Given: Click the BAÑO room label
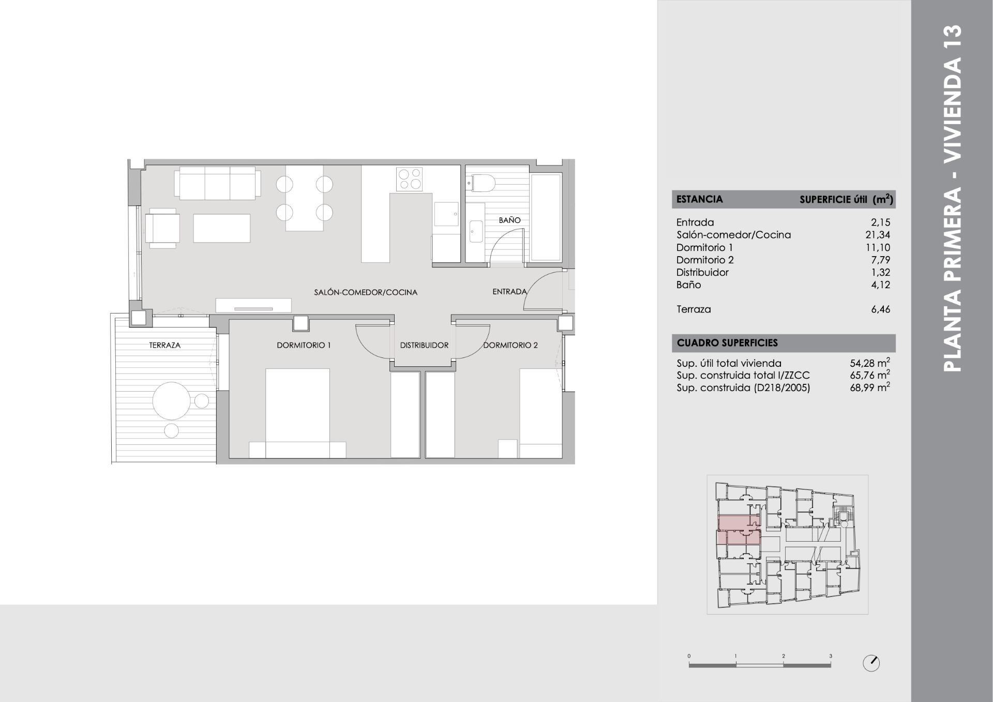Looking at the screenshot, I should pos(509,220).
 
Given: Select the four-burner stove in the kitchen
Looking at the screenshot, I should pos(410,179).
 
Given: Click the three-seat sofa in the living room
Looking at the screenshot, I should pos(217,183).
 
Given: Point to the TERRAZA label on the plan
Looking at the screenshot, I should pos(164,345).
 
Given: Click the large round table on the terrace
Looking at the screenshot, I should pos(171,400).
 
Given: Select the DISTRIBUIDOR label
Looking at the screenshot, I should pos(424,345).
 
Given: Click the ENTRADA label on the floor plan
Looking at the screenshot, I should pos(509,292).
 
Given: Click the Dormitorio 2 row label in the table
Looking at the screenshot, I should pos(705,260).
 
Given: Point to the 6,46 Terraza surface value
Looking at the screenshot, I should pos(880,309).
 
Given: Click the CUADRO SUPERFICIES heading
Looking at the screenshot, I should pos(727,342).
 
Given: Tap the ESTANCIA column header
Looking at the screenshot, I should pos(699,199).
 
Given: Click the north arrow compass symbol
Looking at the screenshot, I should pos(871,663).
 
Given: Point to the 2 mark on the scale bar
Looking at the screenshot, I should pos(783,656).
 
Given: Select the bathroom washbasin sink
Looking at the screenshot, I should pos(475,231).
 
